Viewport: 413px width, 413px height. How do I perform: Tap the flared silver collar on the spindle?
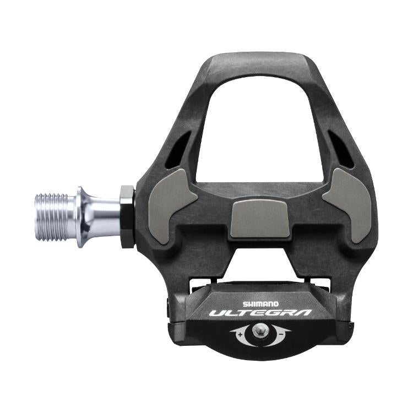85,216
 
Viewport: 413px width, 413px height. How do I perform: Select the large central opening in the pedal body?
258,127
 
